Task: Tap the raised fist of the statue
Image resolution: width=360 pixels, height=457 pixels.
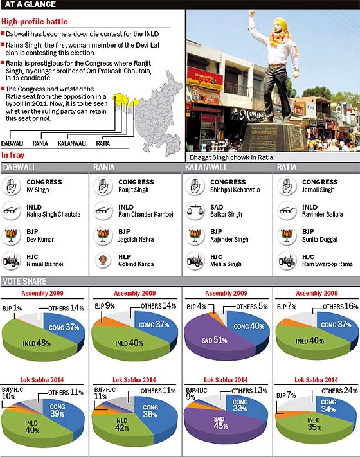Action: [x=252, y=13]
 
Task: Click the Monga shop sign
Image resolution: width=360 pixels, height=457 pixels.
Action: [x=251, y=114]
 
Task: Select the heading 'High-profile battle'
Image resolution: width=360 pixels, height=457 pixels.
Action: [x=35, y=22]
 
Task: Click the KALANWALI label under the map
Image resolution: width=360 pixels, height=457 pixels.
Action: [x=72, y=143]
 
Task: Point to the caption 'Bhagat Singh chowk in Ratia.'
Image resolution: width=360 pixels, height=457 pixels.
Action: [x=232, y=157]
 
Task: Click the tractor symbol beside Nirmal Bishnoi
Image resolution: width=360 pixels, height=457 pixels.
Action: [x=11, y=260]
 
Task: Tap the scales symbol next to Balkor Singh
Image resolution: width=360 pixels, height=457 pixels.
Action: [x=195, y=211]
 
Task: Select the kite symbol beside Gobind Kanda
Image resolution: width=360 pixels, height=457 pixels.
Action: [x=103, y=260]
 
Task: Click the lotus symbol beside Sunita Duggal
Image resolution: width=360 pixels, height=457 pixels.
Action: [x=287, y=235]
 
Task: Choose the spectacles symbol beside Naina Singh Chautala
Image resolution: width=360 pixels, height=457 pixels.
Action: [x=11, y=210]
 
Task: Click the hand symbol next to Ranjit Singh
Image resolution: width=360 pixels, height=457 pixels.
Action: [x=103, y=186]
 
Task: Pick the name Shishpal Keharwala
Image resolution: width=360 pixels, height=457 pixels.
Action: [x=235, y=190]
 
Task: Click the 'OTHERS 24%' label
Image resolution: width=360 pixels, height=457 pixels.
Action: [x=339, y=391]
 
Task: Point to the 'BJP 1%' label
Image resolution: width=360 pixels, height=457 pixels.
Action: [x=12, y=308]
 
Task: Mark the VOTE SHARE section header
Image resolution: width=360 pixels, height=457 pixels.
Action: [x=24, y=282]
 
